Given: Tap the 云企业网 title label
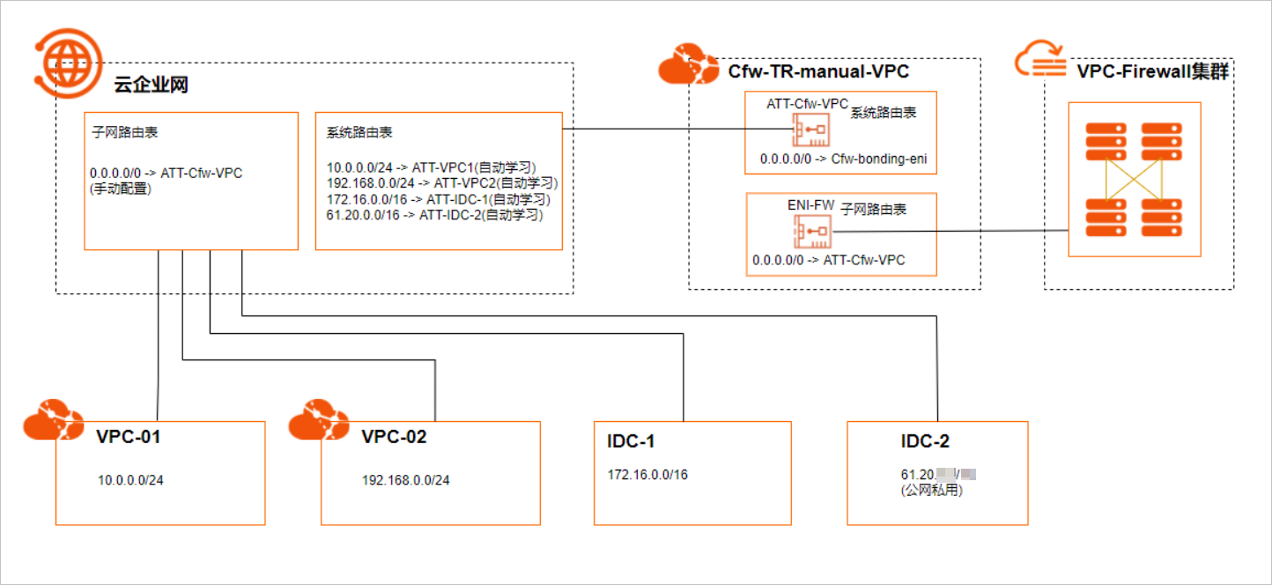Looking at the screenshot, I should tap(152, 85).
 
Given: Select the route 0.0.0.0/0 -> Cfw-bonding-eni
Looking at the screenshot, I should tap(844, 159).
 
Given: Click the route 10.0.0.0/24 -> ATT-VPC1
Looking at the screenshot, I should tap(431, 167).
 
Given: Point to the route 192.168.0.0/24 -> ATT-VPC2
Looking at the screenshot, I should tap(441, 183).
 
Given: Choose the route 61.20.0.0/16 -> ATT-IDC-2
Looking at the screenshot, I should tap(433, 214).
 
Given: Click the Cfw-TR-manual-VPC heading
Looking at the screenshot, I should tap(817, 71).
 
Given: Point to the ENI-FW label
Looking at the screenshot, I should tap(810, 205).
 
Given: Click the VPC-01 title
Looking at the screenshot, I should tap(128, 436).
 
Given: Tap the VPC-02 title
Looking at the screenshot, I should tap(394, 436).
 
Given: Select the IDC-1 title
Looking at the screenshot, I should tap(631, 441).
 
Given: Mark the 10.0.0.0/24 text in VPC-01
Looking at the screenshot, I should tap(130, 480).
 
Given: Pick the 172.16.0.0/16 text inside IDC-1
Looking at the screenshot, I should tap(647, 474).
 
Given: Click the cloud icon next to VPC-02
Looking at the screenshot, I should tap(319, 418).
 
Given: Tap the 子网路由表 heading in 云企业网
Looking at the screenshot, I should tap(124, 133).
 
